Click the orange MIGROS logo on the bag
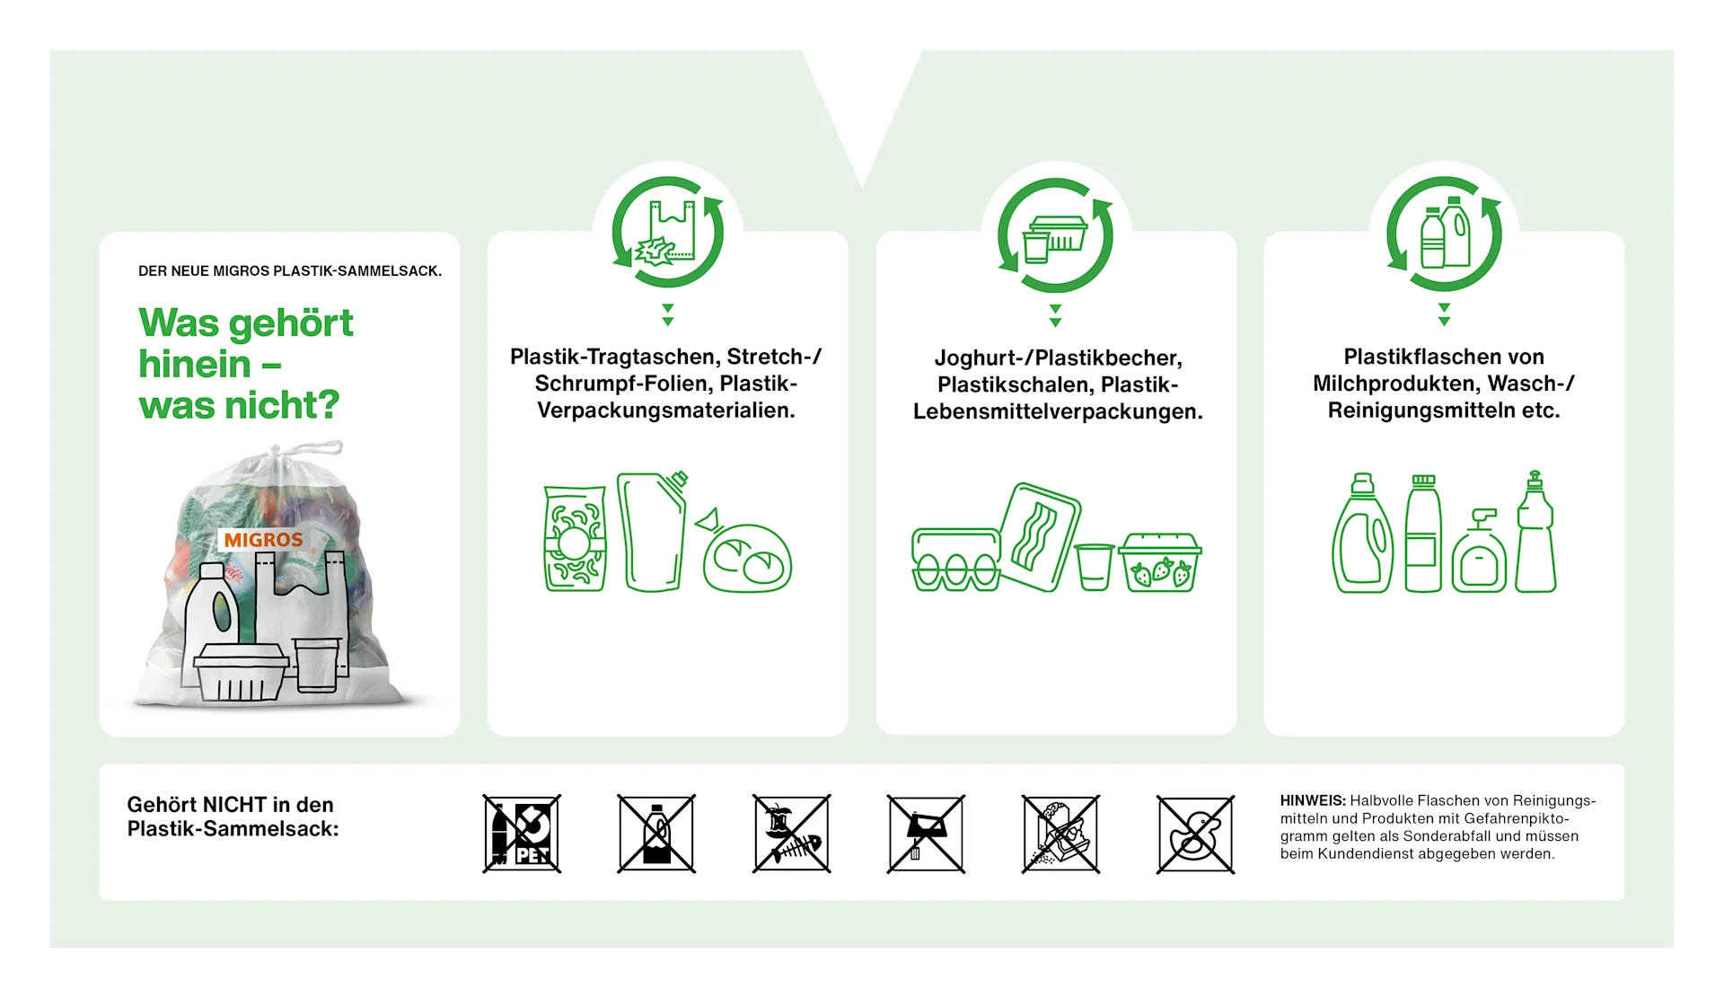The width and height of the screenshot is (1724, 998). [263, 540]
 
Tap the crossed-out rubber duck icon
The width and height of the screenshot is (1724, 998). [1195, 834]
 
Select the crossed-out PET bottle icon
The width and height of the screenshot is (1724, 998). [522, 834]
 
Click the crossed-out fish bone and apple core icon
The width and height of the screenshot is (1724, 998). [791, 834]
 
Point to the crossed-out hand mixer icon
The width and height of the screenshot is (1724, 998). [926, 834]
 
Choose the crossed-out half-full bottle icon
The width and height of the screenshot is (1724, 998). [656, 834]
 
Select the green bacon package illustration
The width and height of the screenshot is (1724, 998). [1039, 537]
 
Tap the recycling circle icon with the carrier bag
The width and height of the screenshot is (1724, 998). [667, 233]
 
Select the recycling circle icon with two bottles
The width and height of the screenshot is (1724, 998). [1444, 234]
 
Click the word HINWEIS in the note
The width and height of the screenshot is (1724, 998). [1312, 800]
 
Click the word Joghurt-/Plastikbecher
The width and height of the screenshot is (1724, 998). [1058, 358]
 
